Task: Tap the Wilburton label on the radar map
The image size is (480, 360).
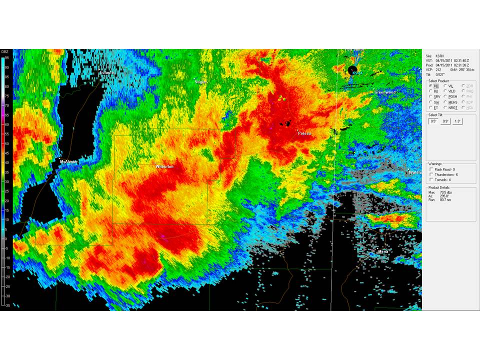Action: point(164,166)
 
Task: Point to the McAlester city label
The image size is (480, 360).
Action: point(69,161)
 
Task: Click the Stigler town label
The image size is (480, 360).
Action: point(200,81)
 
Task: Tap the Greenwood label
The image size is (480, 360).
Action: point(384,92)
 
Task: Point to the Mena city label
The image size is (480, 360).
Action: point(382,251)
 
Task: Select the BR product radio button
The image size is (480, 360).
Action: point(430,86)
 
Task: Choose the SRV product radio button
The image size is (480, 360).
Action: point(430,96)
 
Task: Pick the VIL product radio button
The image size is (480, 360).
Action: point(445,86)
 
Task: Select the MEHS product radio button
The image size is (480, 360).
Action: point(445,102)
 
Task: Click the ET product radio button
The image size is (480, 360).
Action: point(430,107)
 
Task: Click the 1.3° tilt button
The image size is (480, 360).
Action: point(457,121)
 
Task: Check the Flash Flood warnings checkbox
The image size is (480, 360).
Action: point(431,169)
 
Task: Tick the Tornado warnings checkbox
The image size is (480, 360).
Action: point(431,179)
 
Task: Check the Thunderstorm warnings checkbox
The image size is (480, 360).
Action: point(431,174)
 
